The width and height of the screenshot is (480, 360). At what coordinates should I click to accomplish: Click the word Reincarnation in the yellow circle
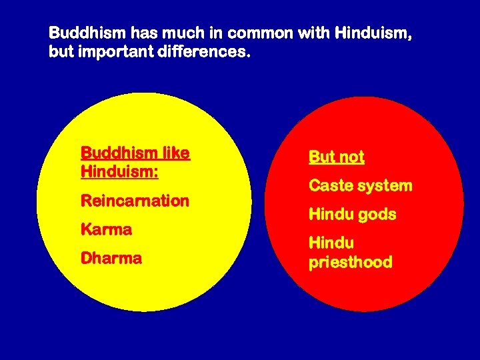(135, 201)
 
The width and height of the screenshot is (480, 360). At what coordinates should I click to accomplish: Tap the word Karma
(106, 230)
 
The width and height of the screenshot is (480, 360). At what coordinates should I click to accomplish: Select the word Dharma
(111, 259)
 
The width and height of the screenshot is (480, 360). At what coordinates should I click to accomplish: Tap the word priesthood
(350, 263)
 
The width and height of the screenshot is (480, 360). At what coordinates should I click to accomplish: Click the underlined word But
(321, 157)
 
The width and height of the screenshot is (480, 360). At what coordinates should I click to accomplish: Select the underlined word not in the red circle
(351, 157)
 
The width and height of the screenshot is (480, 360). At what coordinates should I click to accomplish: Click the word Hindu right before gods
(331, 215)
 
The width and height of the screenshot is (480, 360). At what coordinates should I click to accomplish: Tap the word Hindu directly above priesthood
(331, 243)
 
